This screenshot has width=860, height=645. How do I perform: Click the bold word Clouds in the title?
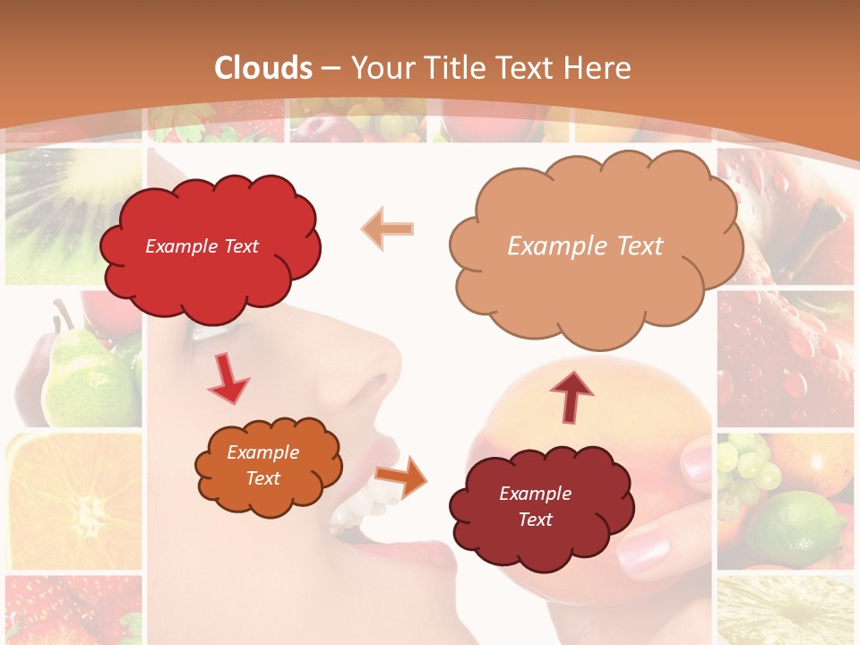tap(263, 68)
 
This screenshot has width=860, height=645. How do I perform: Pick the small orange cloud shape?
tap(268, 466)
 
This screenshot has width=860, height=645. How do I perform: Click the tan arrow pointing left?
tap(388, 228)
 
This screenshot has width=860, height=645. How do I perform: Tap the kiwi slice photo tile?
tap(72, 215)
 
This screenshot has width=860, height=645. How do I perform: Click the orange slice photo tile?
tap(73, 502)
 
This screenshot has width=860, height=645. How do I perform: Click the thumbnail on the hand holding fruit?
tap(697, 462)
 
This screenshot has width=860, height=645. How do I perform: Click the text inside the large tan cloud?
tap(586, 246)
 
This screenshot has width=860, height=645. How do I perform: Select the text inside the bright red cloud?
tap(202, 246)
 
